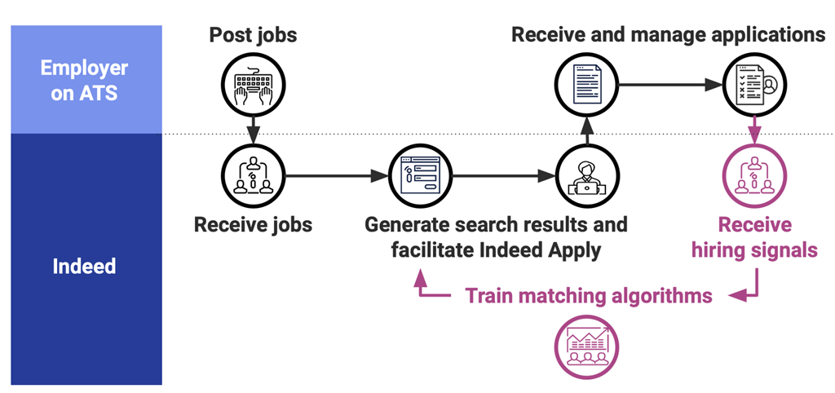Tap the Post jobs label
click(x=253, y=35)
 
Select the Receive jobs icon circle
click(x=253, y=174)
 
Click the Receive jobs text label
click(x=253, y=224)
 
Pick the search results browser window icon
click(x=420, y=174)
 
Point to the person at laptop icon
click(x=586, y=174)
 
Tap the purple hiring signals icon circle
click(x=753, y=174)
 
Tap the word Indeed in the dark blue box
click(x=84, y=267)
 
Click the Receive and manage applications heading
click(x=668, y=35)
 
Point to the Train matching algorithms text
click(x=589, y=295)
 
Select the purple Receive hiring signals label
click(x=754, y=237)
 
